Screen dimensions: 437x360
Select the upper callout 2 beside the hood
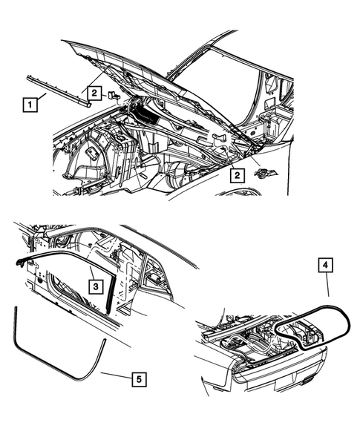click(94, 92)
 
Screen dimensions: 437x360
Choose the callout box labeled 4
click(327, 263)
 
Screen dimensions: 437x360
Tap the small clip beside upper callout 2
click(114, 96)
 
